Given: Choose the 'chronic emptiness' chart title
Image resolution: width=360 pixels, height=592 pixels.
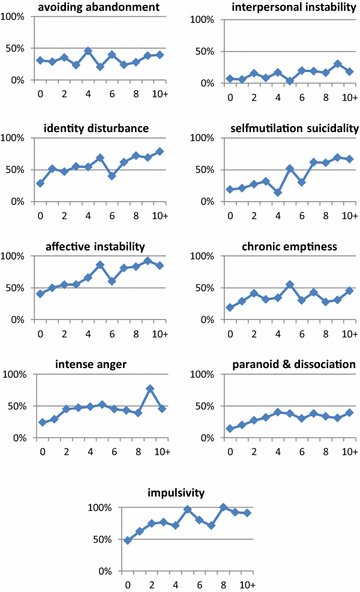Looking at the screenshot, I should click(271, 243).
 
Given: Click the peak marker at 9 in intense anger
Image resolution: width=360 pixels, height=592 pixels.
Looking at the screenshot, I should click(149, 388).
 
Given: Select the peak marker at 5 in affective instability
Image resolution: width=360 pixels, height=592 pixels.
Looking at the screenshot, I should click(101, 265).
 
